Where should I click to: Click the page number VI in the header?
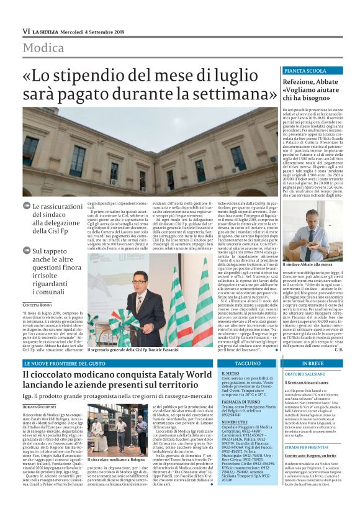point(26,31)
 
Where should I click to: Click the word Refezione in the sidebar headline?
point(300,81)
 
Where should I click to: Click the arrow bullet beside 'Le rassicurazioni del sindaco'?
point(26,206)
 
